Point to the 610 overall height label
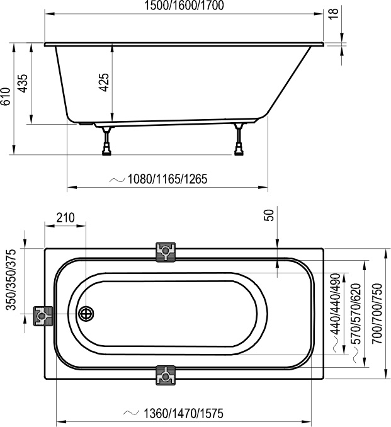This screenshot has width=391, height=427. (x=6, y=97)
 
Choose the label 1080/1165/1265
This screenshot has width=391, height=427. (x=167, y=179)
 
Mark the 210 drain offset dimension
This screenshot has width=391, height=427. (x=65, y=219)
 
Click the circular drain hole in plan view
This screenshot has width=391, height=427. (x=86, y=313)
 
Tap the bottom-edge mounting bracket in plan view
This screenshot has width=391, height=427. (x=166, y=375)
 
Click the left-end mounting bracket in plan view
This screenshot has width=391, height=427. (x=42, y=316)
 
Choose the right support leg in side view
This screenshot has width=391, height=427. (x=239, y=140)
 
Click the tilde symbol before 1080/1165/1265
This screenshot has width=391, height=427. (x=117, y=179)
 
